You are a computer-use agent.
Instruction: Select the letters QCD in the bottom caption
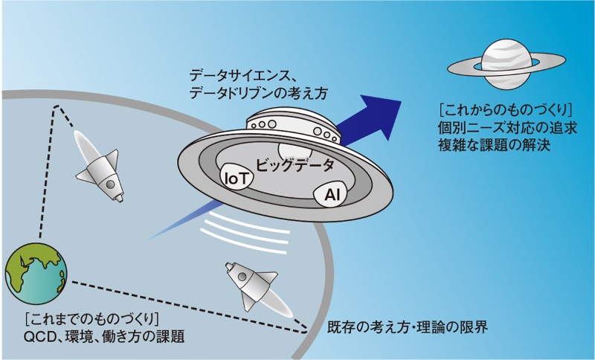40,337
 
